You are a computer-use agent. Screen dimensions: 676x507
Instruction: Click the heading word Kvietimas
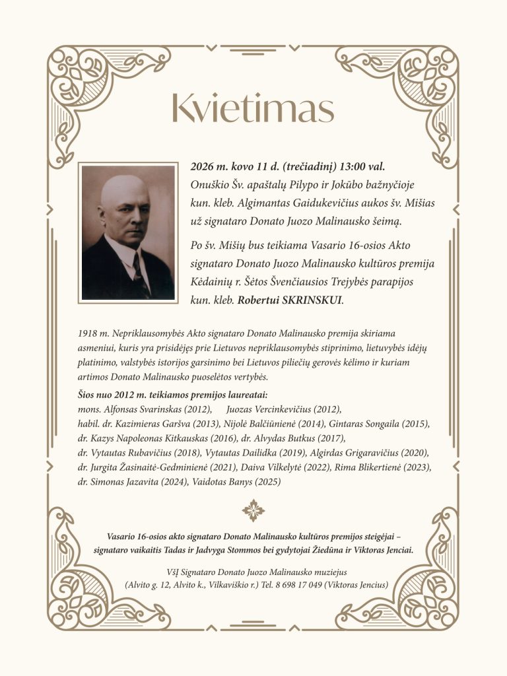[x=252, y=108]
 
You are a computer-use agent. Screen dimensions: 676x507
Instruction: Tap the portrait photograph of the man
[x=129, y=232]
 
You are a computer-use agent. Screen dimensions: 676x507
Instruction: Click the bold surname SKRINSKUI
[x=312, y=300]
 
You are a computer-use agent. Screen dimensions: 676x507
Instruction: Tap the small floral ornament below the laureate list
[x=253, y=510]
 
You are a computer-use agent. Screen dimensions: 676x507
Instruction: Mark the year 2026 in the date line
[x=201, y=166]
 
